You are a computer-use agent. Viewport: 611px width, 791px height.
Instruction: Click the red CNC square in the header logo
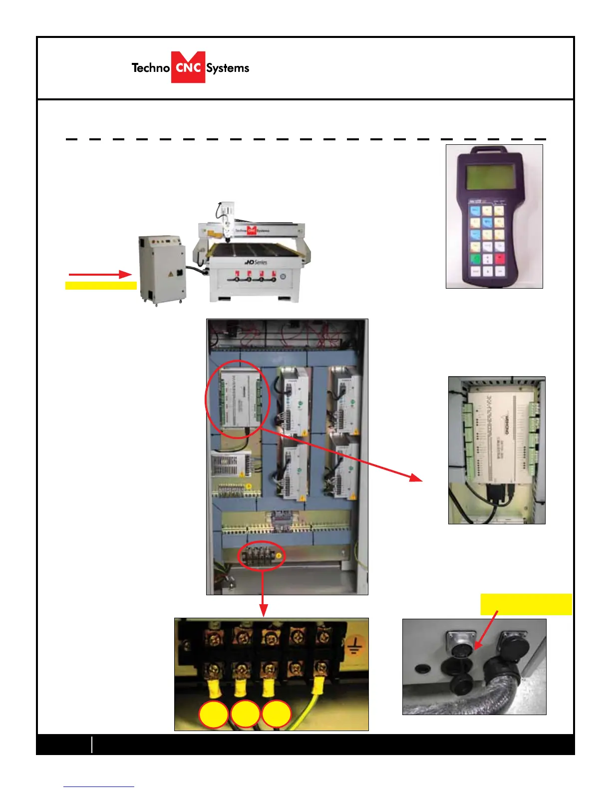click(188, 67)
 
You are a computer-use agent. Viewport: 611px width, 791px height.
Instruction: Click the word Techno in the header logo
click(150, 68)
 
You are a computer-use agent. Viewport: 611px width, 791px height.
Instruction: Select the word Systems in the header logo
click(228, 68)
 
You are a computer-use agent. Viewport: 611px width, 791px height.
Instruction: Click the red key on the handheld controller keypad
click(500, 259)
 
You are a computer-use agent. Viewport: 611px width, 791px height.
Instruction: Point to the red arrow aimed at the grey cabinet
click(100, 274)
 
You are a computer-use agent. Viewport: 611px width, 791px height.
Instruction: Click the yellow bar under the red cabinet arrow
click(101, 286)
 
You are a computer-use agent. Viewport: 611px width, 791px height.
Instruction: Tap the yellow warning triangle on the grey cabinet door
click(171, 274)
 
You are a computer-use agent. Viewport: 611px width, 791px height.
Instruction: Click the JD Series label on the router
click(256, 262)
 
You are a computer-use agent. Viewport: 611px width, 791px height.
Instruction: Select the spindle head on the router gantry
click(227, 220)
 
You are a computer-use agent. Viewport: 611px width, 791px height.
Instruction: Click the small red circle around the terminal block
click(262, 555)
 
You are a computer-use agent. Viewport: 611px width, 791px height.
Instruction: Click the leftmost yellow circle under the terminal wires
click(214, 715)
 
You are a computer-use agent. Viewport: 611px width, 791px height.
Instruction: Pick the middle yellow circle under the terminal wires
click(245, 715)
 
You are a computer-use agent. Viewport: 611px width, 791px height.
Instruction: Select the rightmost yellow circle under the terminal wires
click(277, 715)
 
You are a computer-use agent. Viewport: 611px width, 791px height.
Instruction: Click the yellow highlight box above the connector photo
click(526, 604)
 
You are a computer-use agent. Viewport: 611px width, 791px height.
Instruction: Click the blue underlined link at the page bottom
click(99, 786)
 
